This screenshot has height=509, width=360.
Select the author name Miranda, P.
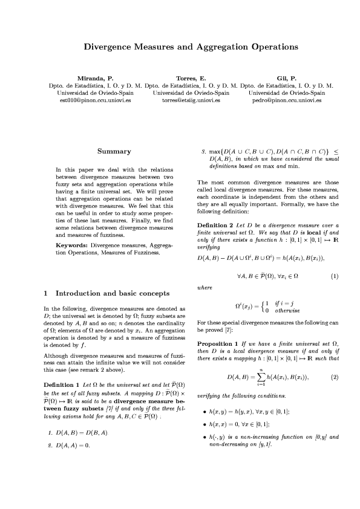pos(95,79)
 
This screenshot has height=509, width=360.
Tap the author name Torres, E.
pos(191,79)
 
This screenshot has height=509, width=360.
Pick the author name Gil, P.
pos(286,79)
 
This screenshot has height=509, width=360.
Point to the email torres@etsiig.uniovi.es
pos(191,100)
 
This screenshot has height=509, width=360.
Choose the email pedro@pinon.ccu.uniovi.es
pos(286,100)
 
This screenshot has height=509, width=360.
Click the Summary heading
pos(114,151)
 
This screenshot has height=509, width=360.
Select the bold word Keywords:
pos(72,245)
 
